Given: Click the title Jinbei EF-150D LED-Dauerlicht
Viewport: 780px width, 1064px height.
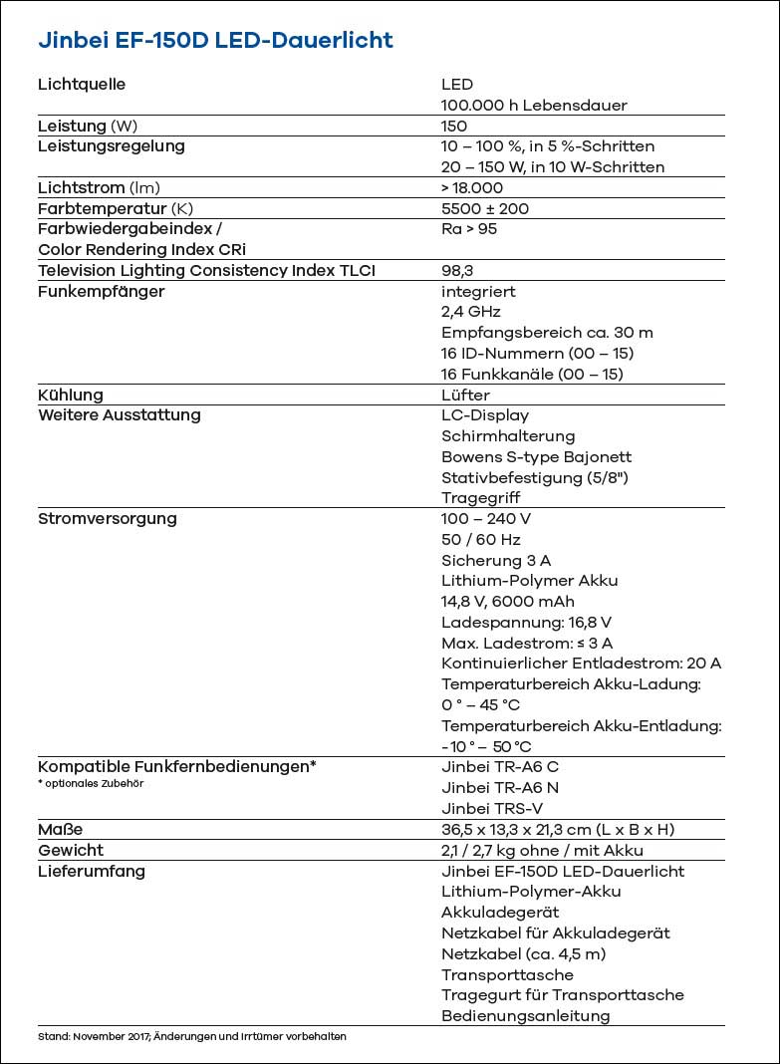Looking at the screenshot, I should click(x=215, y=41).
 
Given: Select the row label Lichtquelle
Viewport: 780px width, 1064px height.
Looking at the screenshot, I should click(x=82, y=85).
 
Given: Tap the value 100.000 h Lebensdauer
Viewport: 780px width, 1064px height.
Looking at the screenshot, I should click(x=534, y=106).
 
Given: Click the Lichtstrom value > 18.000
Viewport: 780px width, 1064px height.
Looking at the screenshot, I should click(x=472, y=188).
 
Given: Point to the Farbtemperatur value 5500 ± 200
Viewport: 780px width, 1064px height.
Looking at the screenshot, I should click(x=485, y=209).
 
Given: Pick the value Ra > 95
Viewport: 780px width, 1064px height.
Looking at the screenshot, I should click(x=469, y=229).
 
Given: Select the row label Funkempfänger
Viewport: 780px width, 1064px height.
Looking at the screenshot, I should click(x=101, y=292).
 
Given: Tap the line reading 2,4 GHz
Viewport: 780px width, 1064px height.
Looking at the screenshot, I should click(x=471, y=312).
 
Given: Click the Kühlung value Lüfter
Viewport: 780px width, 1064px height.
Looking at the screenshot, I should click(x=465, y=396).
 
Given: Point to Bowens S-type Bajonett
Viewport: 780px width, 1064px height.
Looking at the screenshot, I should click(x=536, y=457).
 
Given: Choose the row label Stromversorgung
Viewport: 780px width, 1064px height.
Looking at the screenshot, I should click(x=108, y=519).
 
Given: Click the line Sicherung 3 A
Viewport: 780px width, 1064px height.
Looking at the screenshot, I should click(x=496, y=561).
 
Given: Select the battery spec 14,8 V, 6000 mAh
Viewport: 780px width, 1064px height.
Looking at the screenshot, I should click(x=508, y=602).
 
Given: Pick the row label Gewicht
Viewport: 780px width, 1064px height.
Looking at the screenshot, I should click(x=71, y=851).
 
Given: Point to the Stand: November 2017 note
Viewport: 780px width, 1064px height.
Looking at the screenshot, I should click(x=191, y=1036).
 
